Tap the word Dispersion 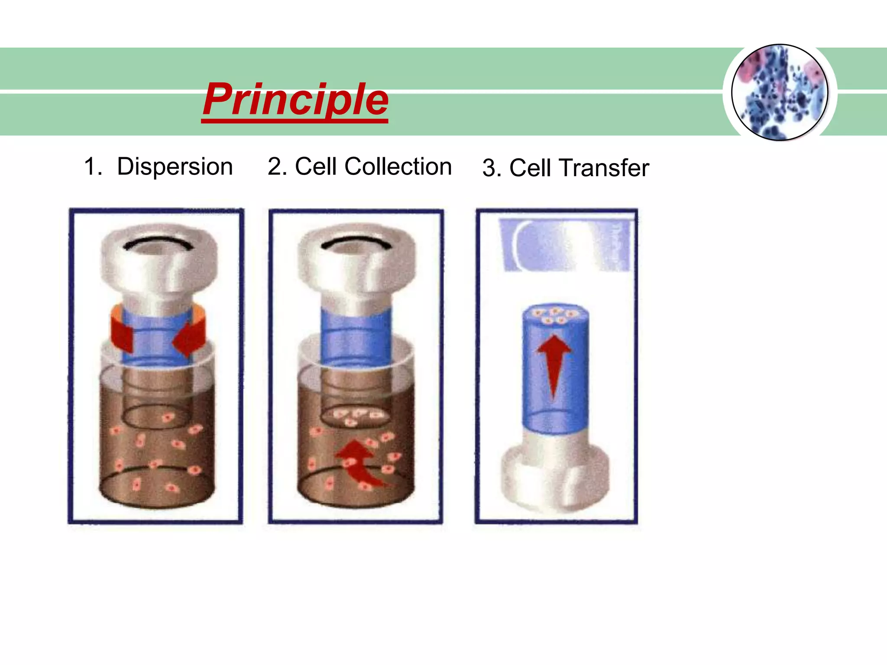[x=175, y=167]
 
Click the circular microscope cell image [x=780, y=92]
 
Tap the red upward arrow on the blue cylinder [x=554, y=364]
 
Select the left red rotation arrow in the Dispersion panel [x=122, y=333]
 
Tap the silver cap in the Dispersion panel [x=159, y=260]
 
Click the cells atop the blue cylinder [x=554, y=315]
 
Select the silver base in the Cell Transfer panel [x=555, y=476]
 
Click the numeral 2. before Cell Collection [x=277, y=167]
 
